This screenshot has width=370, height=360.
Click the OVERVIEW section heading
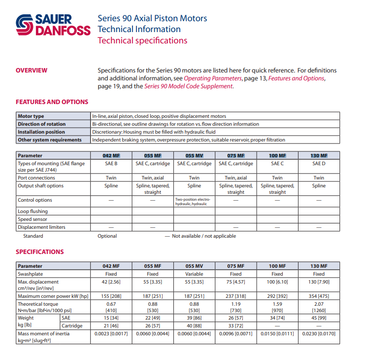pyautogui.click(x=32, y=71)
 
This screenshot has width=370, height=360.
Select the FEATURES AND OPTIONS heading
pyautogui.click(x=52, y=102)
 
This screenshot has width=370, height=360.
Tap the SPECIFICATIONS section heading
pyautogui.click(x=39, y=252)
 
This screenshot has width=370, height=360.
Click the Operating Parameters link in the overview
pyautogui.click(x=213, y=78)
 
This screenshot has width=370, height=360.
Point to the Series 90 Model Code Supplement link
pyautogui.click(x=188, y=86)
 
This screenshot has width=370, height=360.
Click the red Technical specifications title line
pyautogui.click(x=142, y=40)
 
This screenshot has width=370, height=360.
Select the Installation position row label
pyautogui.click(x=41, y=132)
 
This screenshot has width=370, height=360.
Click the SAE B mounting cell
pyautogui.click(x=111, y=164)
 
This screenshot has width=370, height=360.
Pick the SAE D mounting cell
pyautogui.click(x=319, y=164)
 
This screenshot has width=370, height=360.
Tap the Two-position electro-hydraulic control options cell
pyautogui.click(x=194, y=201)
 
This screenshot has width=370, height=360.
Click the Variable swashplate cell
pyautogui.click(x=194, y=274)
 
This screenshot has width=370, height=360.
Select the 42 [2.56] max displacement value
pyautogui.click(x=111, y=282)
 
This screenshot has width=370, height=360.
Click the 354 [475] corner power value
pyautogui.click(x=319, y=296)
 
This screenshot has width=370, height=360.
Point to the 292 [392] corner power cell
pyautogui.click(x=277, y=296)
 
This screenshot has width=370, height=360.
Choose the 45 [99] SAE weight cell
pyautogui.click(x=319, y=318)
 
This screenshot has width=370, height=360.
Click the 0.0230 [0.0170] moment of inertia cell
pyautogui.click(x=319, y=334)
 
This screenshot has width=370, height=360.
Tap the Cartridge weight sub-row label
pyautogui.click(x=72, y=325)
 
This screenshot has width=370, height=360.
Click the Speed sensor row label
pyautogui.click(x=33, y=219)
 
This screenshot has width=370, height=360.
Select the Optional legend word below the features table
pyautogui.click(x=107, y=236)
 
